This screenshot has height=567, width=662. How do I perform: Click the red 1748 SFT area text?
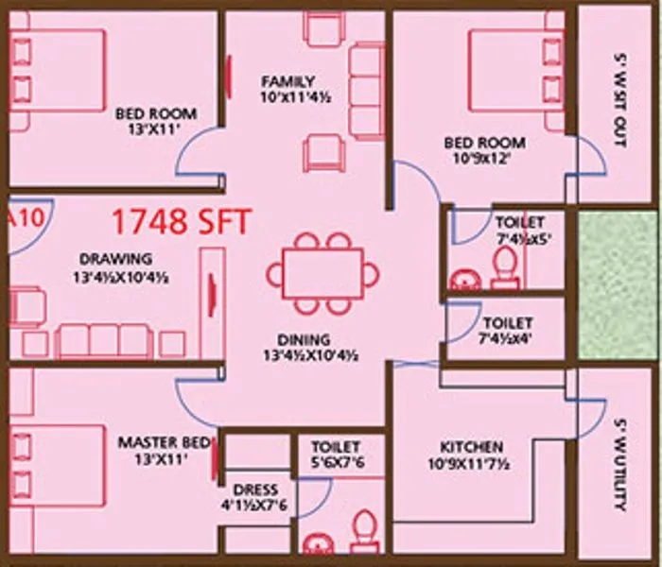click(182, 222)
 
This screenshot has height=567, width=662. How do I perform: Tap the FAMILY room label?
click(288, 81)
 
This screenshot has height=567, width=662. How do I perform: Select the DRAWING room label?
click(115, 258)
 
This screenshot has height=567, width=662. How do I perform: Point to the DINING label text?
click(304, 339)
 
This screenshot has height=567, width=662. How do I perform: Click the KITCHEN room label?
click(471, 446)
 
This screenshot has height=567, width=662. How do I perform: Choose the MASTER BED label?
click(159, 441)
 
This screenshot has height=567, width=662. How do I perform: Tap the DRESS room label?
click(254, 490)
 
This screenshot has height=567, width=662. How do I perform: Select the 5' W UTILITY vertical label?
click(619, 463)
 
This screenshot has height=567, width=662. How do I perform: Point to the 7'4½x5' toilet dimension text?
click(518, 239)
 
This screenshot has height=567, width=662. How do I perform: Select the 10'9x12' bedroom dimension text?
click(484, 159)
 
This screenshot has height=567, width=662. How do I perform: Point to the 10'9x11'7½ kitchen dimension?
click(471, 463)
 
